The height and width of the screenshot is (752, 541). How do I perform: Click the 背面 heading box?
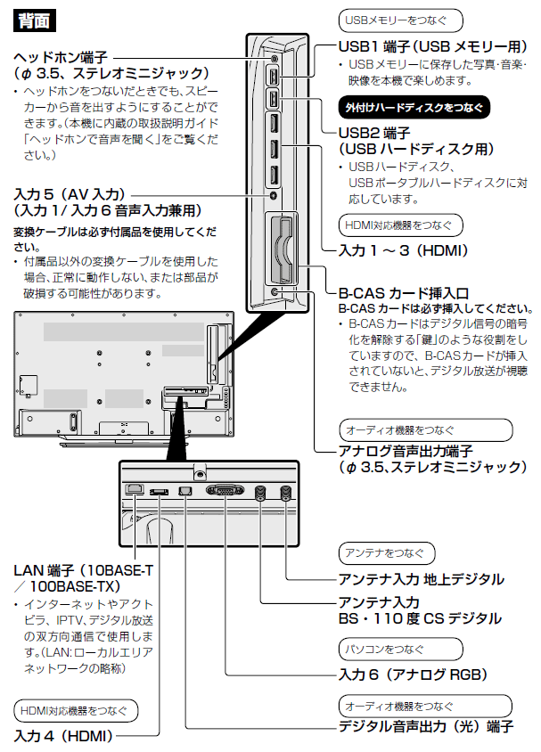tap(34, 19)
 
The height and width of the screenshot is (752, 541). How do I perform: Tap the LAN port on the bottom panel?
tap(135, 489)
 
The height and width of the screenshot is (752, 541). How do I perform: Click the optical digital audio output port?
tap(185, 490)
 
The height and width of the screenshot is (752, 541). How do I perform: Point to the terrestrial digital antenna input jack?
tap(285, 492)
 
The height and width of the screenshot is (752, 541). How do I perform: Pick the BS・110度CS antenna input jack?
tap(260, 492)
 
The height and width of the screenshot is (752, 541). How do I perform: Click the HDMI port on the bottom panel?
tap(160, 490)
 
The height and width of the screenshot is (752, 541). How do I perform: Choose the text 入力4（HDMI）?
tap(61, 736)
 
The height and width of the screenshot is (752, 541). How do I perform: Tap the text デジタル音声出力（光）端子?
tap(426, 726)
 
